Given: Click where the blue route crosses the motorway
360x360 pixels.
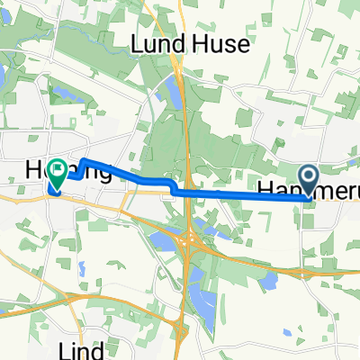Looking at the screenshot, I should click(184, 192).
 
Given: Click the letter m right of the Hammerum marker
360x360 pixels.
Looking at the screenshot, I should click(329, 189).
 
